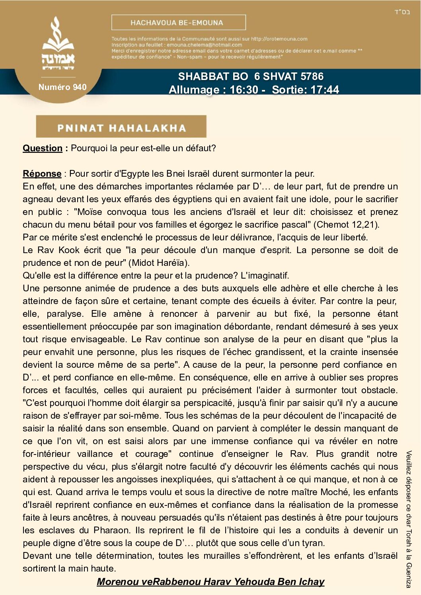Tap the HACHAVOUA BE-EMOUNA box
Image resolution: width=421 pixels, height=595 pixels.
click(x=178, y=23)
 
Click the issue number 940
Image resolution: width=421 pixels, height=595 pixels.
click(x=80, y=87)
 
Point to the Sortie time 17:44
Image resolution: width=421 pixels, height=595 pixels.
click(x=324, y=90)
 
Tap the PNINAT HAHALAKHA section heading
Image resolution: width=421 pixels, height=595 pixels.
click(x=121, y=128)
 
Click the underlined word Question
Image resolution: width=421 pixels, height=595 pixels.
click(x=43, y=148)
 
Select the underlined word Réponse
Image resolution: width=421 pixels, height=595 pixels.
click(x=42, y=174)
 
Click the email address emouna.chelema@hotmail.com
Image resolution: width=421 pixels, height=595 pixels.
click(x=204, y=45)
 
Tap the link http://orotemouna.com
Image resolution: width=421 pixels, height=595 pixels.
click(x=279, y=39)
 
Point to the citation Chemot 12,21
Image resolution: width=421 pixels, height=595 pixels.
click(x=346, y=224)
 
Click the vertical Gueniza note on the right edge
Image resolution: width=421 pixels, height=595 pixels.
click(x=409, y=519)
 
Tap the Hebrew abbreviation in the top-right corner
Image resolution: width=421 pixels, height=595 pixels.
click(x=402, y=12)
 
